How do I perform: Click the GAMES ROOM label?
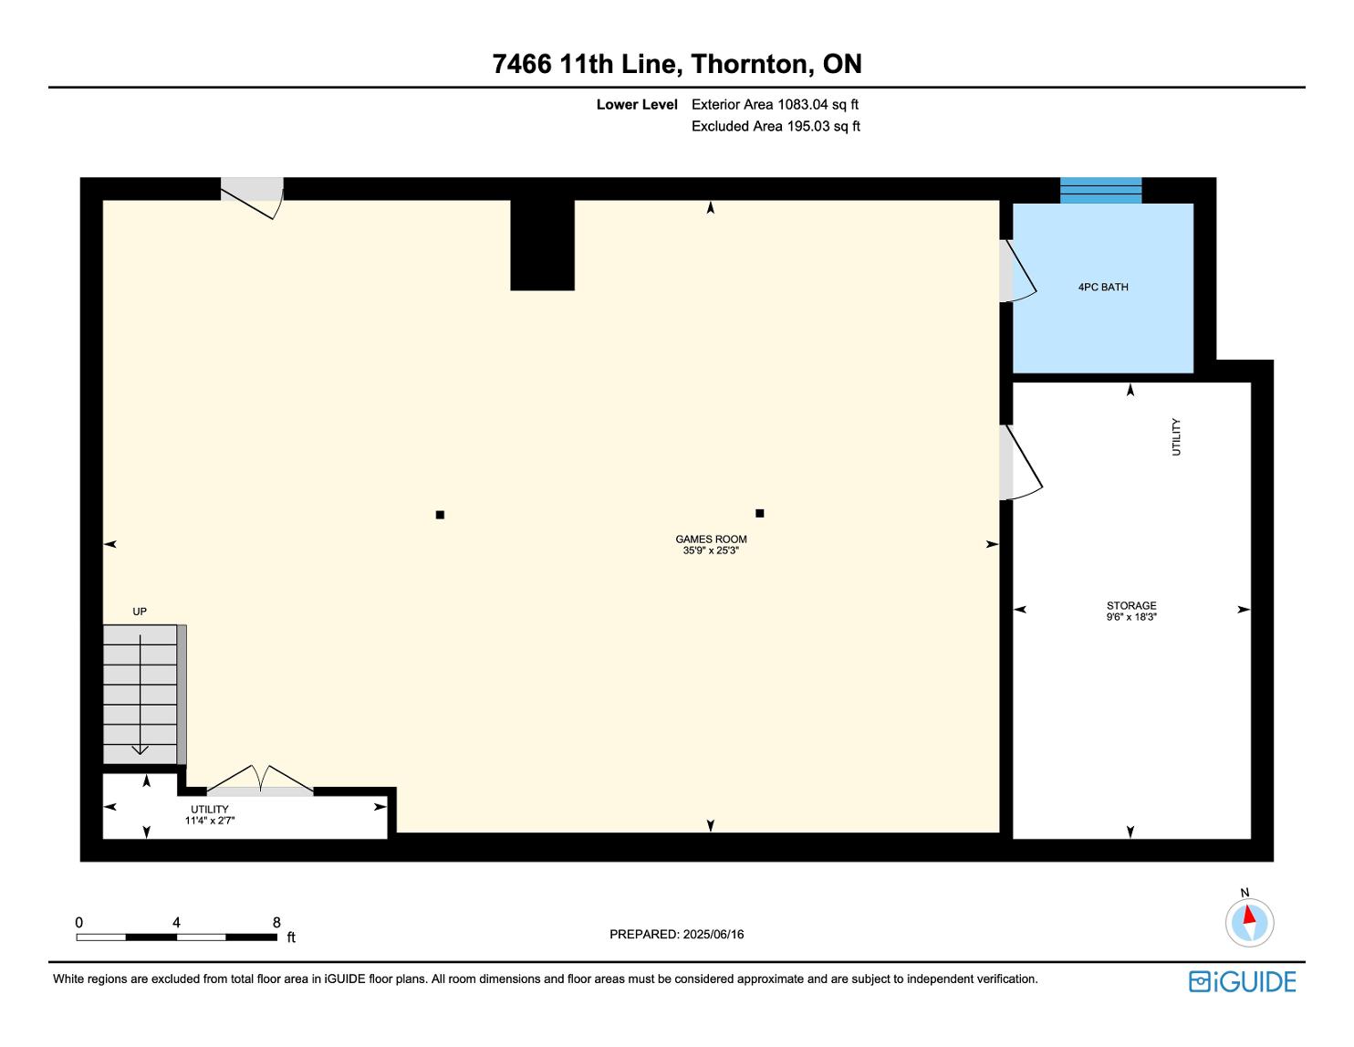(711, 539)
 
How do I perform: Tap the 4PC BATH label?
(1103, 288)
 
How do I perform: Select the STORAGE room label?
(1131, 605)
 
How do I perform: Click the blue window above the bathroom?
(1101, 190)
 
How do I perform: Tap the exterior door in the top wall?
(253, 198)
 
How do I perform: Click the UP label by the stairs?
(140, 612)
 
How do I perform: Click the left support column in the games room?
(440, 515)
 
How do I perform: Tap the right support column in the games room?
(759, 514)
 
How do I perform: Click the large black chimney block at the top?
(542, 245)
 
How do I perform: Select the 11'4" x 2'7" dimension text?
(209, 820)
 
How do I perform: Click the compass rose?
(1249, 923)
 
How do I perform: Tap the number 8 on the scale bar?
(276, 922)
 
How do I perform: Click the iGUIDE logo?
(1243, 981)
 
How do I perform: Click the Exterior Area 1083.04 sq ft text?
(775, 105)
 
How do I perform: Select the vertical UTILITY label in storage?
(1176, 437)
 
